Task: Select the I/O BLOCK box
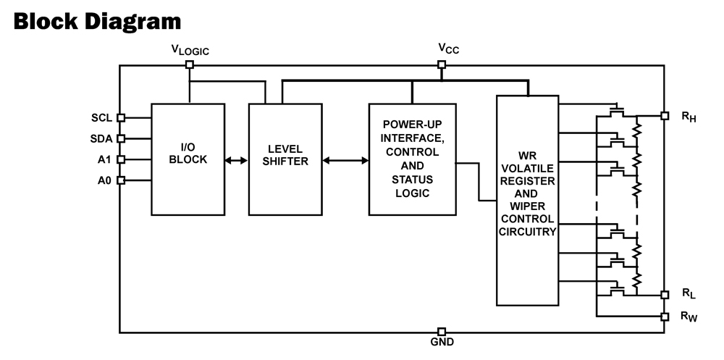pyautogui.click(x=188, y=159)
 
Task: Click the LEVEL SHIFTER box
pyautogui.click(x=285, y=159)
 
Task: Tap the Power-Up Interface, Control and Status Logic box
pyautogui.click(x=411, y=159)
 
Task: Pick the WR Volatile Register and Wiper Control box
pyautogui.click(x=526, y=199)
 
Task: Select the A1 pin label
pyautogui.click(x=104, y=159)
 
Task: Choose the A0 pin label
pyautogui.click(x=104, y=180)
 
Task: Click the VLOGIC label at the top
pyautogui.click(x=189, y=50)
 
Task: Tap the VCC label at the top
pyautogui.click(x=448, y=49)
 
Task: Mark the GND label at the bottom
pyautogui.click(x=442, y=343)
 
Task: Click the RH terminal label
pyautogui.click(x=688, y=117)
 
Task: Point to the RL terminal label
pyautogui.click(x=688, y=294)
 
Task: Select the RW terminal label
pyautogui.click(x=689, y=317)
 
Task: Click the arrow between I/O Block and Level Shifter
pyautogui.click(x=237, y=159)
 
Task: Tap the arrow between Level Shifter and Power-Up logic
pyautogui.click(x=345, y=159)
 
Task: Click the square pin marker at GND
pyautogui.click(x=442, y=332)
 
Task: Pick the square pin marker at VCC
pyautogui.click(x=442, y=64)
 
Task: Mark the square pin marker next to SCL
pyautogui.click(x=121, y=117)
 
